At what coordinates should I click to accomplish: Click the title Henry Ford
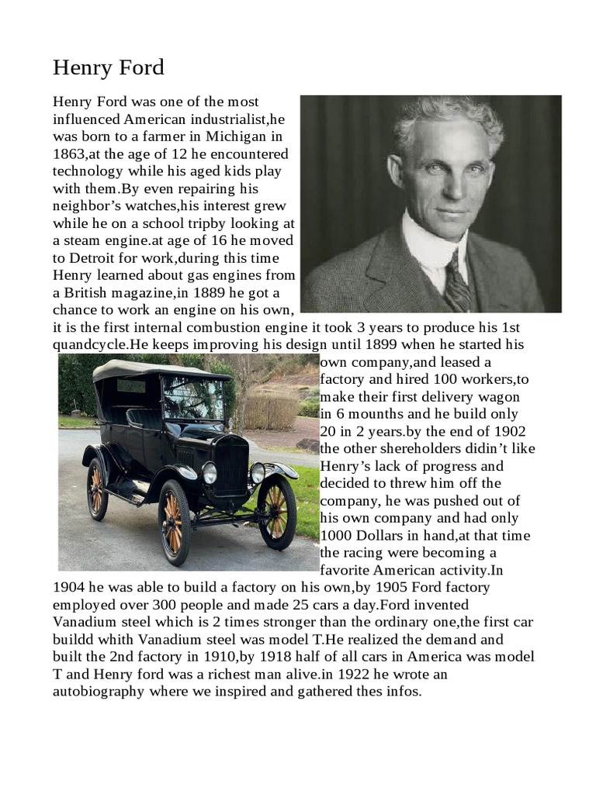(109, 68)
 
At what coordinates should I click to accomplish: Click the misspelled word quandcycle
(90, 344)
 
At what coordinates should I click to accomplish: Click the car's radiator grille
(230, 464)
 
